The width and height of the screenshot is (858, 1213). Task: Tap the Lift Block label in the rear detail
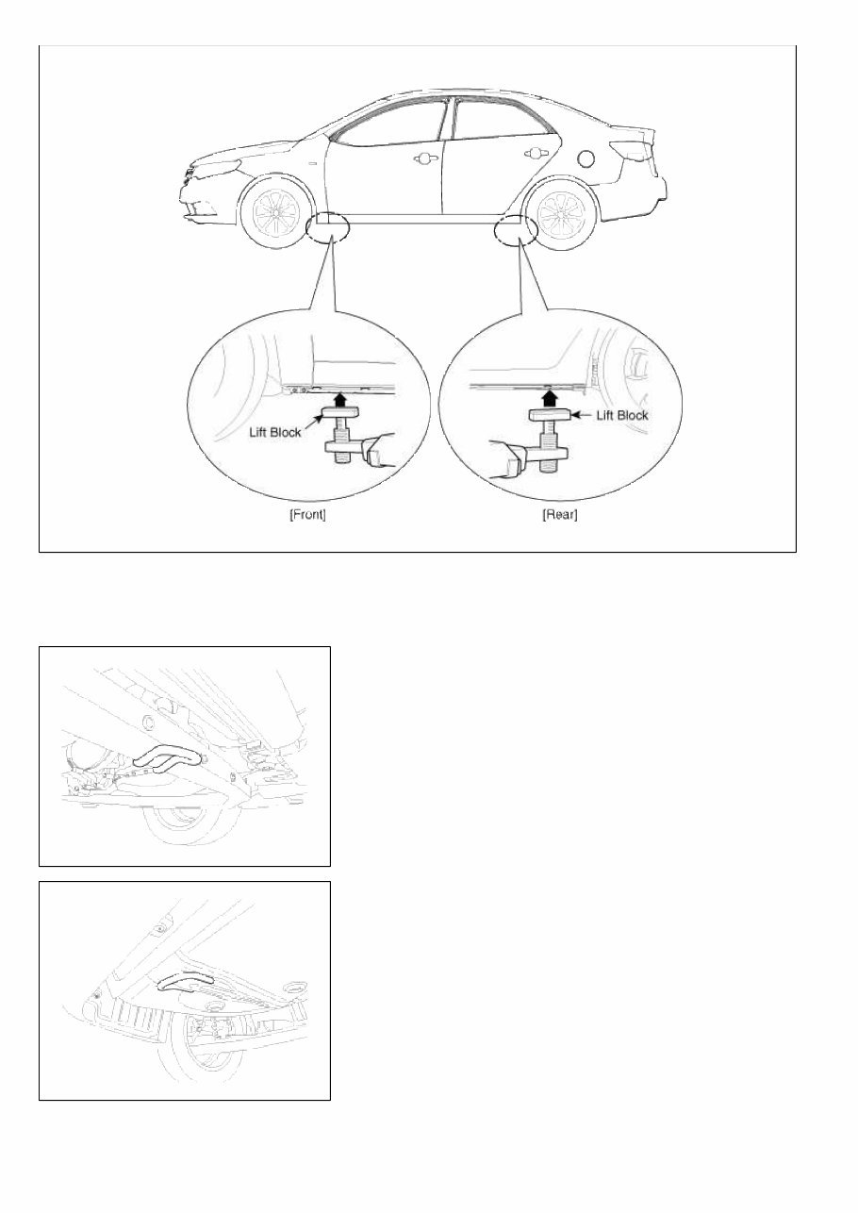[620, 415]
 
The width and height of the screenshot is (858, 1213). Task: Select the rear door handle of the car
[536, 154]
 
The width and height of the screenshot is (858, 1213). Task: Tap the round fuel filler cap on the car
[586, 158]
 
